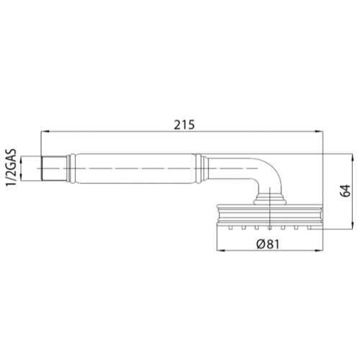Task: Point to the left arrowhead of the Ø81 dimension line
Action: click(220, 251)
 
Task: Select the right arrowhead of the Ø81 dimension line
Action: click(318, 251)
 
